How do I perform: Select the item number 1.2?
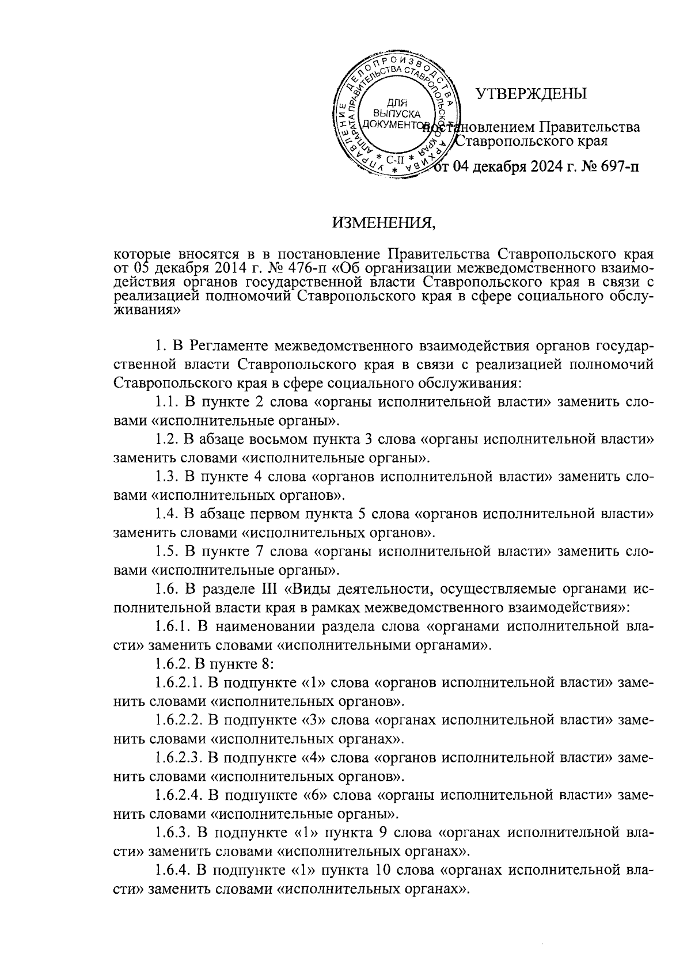166,440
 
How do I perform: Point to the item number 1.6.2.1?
179,683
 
